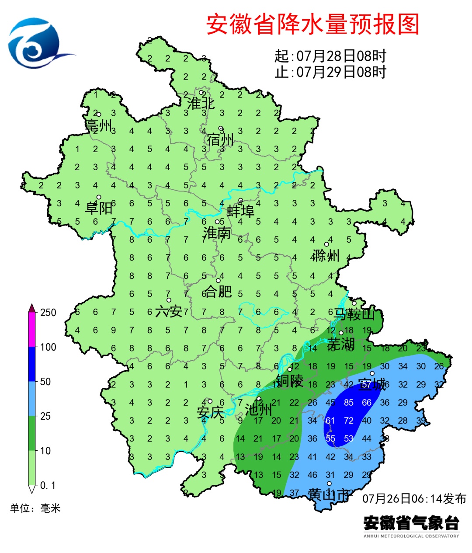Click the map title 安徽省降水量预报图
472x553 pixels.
pyautogui.click(x=312, y=24)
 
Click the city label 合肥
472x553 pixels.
pyautogui.click(x=218, y=291)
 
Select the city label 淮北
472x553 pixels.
pyautogui.click(x=201, y=104)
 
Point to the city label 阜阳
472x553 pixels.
pyautogui.click(x=99, y=208)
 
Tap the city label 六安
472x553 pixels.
pyautogui.click(x=169, y=311)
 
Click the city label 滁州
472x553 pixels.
pyautogui.click(x=326, y=255)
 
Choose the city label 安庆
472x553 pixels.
pyautogui.click(x=210, y=412)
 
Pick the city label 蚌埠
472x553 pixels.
pyautogui.click(x=240, y=212)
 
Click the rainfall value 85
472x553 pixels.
pyautogui.click(x=348, y=403)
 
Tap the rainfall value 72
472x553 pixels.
pyautogui.click(x=348, y=421)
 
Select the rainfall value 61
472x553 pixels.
pyautogui.click(x=330, y=421)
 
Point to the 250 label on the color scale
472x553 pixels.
pyautogui.click(x=48, y=313)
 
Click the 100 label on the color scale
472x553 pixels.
pyautogui.click(x=48, y=347)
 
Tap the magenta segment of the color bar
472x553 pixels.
pyautogui.click(x=32, y=330)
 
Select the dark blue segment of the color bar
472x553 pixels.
pyautogui.click(x=32, y=364)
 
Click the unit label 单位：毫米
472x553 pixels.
pyautogui.click(x=35, y=508)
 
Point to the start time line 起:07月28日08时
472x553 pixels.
pyautogui.click(x=330, y=56)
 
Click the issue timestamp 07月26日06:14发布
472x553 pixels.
pyautogui.click(x=414, y=499)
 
